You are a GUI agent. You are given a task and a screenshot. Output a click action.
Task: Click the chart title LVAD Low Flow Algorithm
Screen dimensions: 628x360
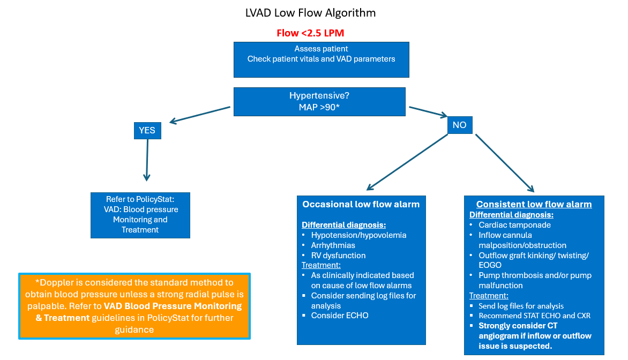(310, 13)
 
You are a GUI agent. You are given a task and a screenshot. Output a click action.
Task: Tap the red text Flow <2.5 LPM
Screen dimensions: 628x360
(310, 33)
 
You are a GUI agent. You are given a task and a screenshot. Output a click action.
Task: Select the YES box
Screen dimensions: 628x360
(147, 131)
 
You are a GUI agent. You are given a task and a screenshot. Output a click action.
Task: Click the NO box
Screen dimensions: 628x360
(460, 125)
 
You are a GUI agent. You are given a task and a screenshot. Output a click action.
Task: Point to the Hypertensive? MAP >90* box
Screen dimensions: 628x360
(319, 102)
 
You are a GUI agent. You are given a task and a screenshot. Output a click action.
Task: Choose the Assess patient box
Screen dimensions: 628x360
(321, 59)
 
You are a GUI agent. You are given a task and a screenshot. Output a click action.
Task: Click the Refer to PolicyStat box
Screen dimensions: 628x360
(140, 215)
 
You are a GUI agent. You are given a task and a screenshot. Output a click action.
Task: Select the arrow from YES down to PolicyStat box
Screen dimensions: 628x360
(147, 160)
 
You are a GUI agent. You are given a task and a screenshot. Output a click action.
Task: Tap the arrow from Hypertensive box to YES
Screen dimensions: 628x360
(200, 115)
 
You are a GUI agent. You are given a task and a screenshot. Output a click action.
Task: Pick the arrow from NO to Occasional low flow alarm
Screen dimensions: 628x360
(407, 162)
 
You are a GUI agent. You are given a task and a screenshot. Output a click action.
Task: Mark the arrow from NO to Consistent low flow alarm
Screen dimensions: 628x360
(505, 163)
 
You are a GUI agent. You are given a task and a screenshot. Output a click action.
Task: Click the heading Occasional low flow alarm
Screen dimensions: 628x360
(361, 204)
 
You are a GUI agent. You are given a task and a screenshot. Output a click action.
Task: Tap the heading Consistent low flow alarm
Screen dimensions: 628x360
(534, 204)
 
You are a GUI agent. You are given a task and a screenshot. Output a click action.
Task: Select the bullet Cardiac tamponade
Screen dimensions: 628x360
(514, 225)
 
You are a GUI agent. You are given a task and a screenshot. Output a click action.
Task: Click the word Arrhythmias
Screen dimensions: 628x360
(333, 245)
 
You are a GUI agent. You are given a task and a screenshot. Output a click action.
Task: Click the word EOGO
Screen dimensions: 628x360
(490, 265)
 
